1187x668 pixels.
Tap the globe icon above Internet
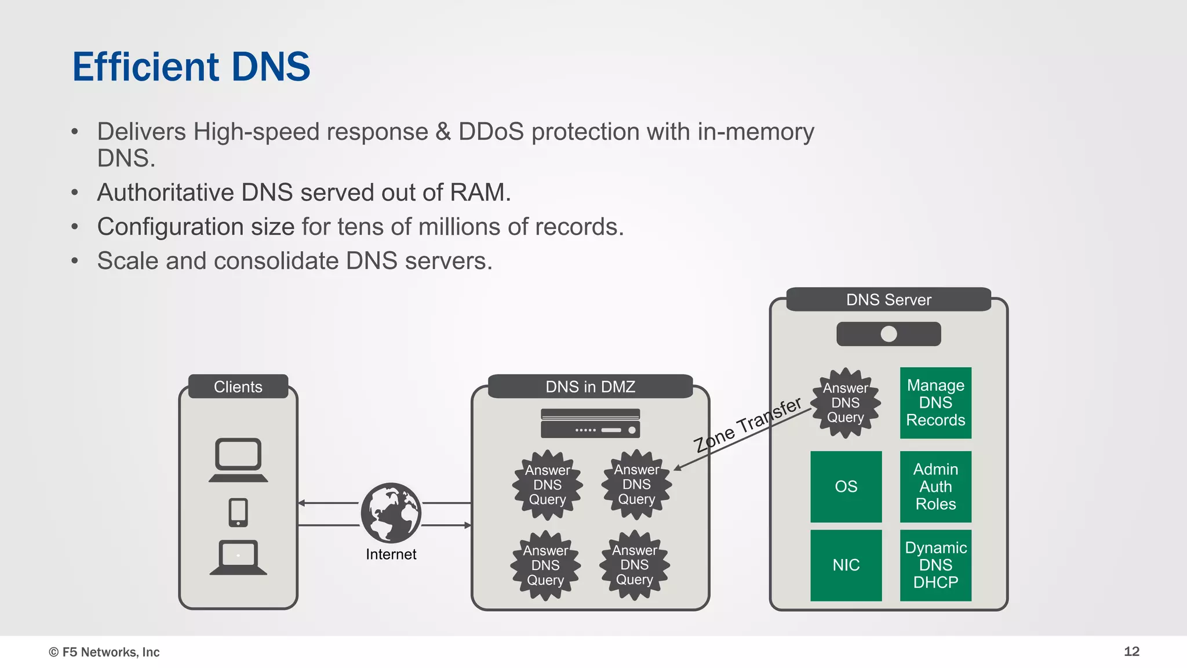(x=391, y=513)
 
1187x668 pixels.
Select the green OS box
(x=846, y=487)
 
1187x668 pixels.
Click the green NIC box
(x=846, y=565)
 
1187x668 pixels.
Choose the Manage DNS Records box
(x=935, y=402)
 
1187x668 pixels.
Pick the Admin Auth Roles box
(x=935, y=487)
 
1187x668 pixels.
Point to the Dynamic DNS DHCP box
(x=935, y=565)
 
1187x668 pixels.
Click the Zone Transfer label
(x=748, y=424)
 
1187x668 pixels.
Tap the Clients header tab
(x=238, y=387)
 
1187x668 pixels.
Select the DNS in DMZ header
(x=590, y=387)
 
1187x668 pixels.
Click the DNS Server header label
(x=889, y=300)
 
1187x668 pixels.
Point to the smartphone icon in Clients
(x=238, y=513)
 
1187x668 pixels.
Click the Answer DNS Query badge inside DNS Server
(x=846, y=403)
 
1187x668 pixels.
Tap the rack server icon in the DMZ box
(x=590, y=423)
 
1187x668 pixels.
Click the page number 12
(x=1131, y=651)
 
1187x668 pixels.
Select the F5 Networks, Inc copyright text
(x=104, y=652)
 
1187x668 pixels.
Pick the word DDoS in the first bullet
(x=491, y=132)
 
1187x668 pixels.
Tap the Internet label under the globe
(x=391, y=554)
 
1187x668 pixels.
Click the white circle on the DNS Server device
(x=889, y=334)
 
